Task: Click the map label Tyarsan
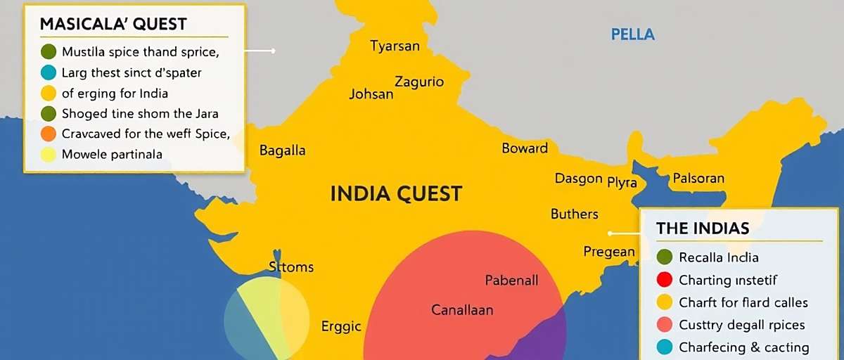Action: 395,46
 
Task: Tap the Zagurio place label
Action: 419,82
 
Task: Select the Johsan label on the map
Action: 371,94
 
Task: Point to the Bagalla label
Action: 283,150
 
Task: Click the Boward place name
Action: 525,148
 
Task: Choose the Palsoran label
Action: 698,178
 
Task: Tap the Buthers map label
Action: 575,214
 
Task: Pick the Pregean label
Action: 609,251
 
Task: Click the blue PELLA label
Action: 633,34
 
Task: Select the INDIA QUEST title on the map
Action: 396,193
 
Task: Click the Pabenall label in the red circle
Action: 512,280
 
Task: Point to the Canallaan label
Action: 462,309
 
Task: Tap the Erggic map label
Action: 341,326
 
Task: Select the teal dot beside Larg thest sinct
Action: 48,72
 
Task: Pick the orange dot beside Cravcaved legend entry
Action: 48,134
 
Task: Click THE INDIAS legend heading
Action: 703,228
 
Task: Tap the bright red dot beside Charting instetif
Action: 664,280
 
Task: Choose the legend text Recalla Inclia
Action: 719,257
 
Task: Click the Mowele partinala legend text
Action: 113,155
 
